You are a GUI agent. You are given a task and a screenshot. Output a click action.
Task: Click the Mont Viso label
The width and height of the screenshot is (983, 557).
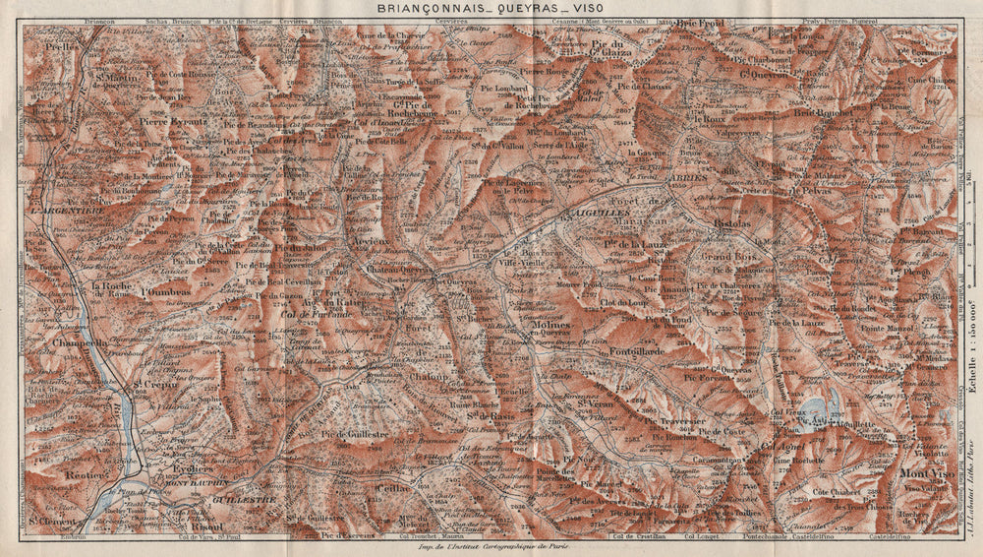(x=923, y=473)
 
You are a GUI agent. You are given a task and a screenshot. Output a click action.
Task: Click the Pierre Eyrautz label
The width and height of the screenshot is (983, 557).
(x=174, y=122)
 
